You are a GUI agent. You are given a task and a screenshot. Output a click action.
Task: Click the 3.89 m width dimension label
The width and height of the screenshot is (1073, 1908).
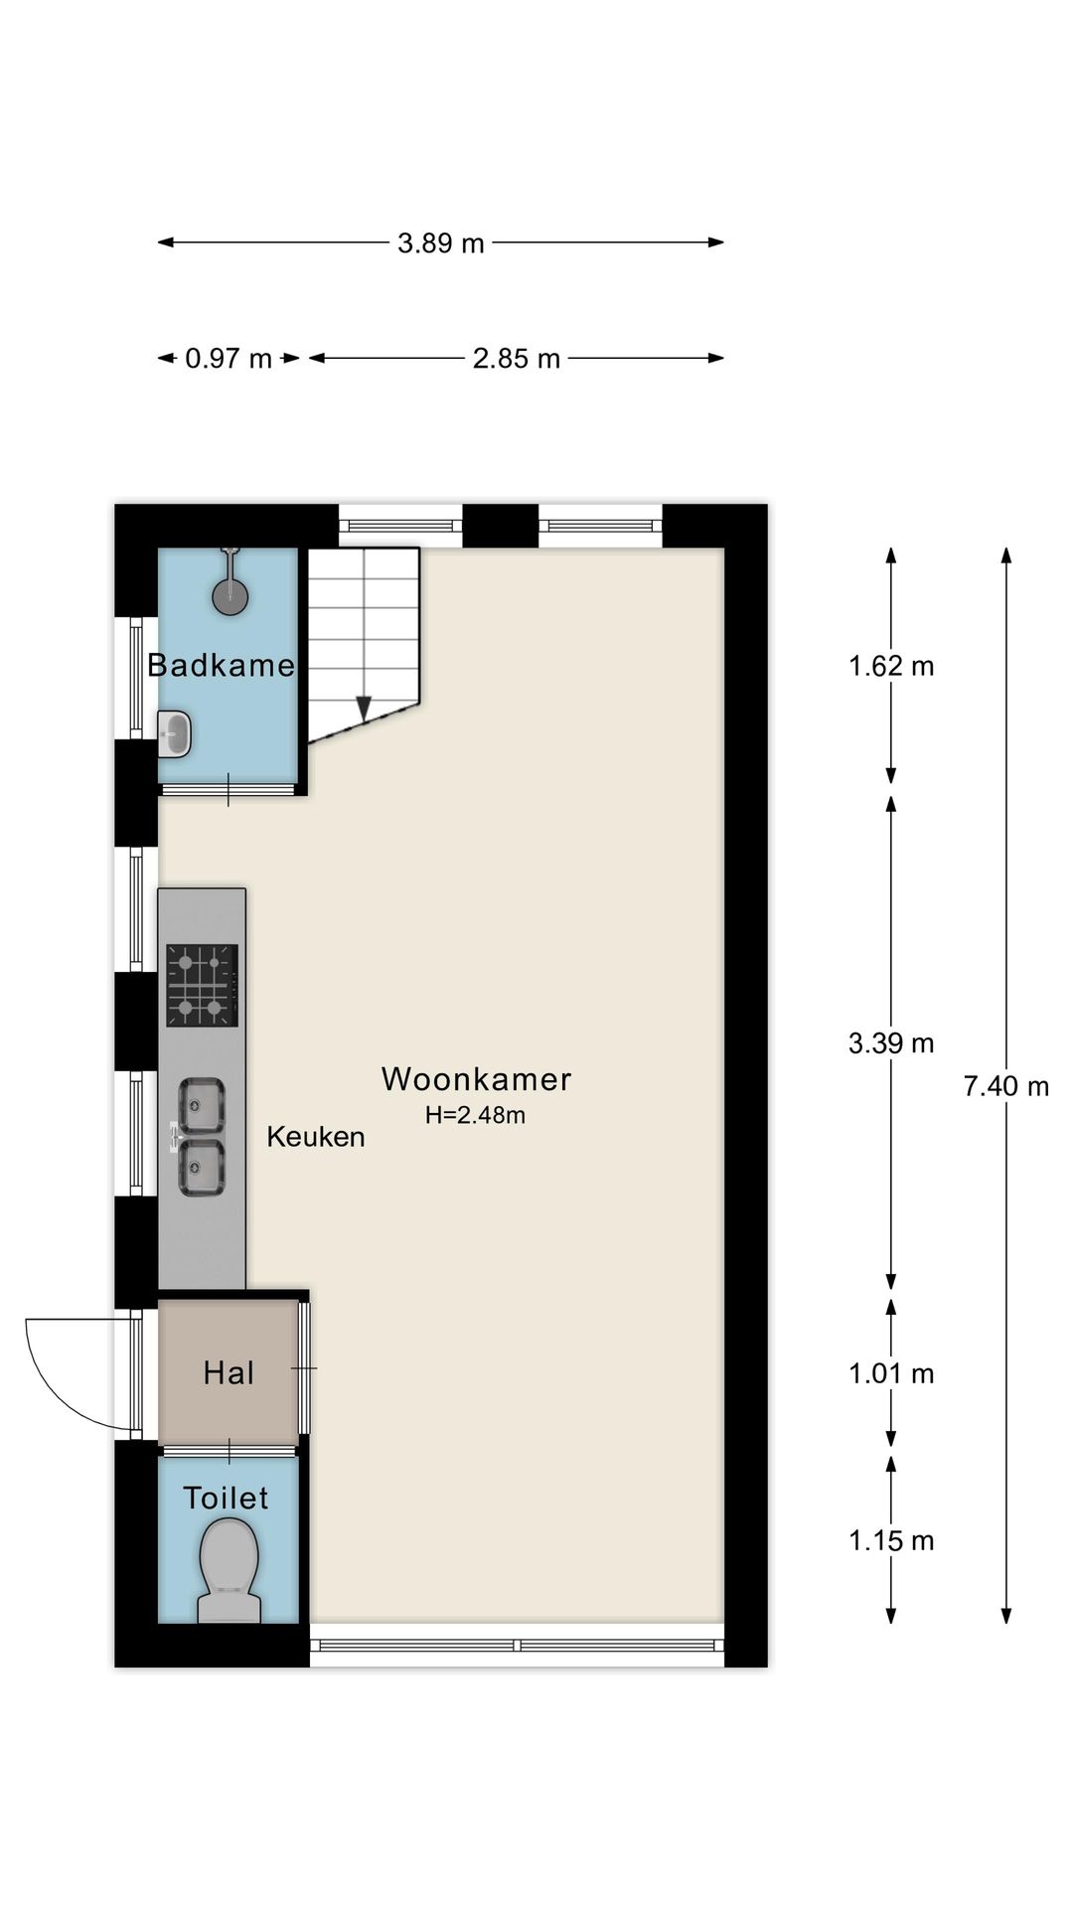(x=441, y=242)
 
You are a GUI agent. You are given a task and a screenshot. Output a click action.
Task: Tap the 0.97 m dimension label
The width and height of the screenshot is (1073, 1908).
(x=229, y=359)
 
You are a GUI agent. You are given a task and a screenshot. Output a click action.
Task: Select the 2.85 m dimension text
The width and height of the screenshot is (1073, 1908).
(x=517, y=359)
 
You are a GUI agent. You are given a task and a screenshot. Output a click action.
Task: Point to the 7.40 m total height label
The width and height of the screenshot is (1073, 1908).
(x=1006, y=1086)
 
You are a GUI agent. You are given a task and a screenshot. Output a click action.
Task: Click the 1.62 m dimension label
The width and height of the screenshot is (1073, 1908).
(x=891, y=666)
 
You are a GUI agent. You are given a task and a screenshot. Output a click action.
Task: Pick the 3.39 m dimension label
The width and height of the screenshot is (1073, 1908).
(x=891, y=1043)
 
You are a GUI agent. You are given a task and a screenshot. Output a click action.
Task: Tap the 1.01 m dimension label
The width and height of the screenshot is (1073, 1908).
(x=891, y=1374)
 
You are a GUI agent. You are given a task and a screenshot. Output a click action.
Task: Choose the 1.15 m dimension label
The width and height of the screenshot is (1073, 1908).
(x=891, y=1541)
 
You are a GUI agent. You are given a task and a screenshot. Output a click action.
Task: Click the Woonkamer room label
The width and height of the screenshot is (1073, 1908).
(x=477, y=1079)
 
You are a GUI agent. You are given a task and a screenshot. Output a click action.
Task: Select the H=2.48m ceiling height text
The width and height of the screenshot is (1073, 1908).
(x=475, y=1116)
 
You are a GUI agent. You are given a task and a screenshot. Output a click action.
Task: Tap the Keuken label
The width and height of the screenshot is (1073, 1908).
(x=316, y=1137)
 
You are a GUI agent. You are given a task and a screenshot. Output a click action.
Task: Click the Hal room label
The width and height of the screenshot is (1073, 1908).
(x=229, y=1373)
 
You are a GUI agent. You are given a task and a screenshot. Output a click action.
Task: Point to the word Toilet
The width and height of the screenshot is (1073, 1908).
(x=226, y=1499)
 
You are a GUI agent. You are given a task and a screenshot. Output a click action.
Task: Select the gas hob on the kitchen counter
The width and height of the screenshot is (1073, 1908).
(x=203, y=985)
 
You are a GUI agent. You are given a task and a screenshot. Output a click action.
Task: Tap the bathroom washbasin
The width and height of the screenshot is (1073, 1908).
(x=175, y=735)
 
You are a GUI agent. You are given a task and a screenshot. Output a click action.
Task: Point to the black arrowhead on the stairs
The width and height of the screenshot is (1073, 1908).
(x=364, y=708)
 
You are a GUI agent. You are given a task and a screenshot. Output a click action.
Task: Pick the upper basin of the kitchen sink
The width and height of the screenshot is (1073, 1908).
(x=202, y=1105)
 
